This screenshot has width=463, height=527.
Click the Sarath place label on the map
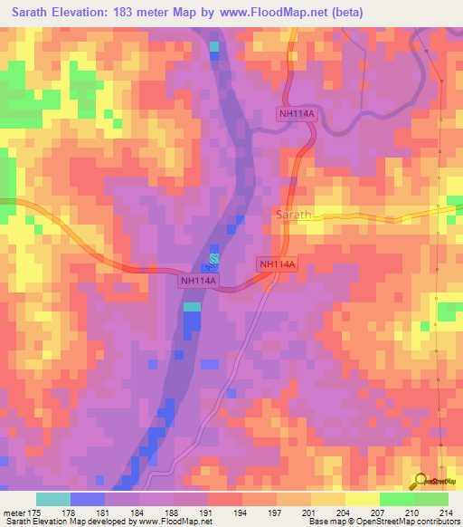292,216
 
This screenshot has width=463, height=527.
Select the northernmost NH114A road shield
295,112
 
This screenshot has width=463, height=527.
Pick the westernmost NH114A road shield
198,282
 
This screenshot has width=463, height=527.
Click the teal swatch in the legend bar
53,500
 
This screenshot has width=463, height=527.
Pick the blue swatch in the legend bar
88,500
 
